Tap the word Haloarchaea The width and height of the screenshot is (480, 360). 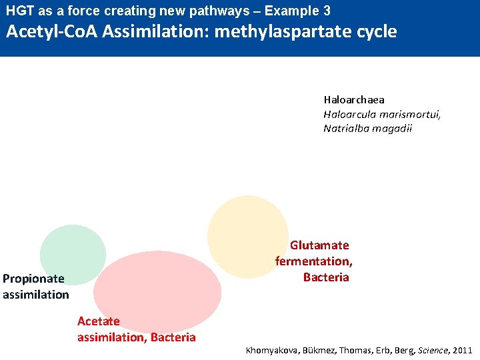pos(354,100)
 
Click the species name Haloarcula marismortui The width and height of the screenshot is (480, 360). pos(382,114)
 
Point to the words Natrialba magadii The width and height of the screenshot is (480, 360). pos(367,128)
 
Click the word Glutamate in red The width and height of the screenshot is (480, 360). pos(319,245)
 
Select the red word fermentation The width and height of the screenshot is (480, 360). pos(313,261)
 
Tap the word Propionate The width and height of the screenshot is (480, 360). pos(33,279)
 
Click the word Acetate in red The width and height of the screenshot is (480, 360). pos(98,321)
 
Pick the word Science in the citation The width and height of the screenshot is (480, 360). pos(434,350)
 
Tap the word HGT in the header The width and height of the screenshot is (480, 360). pos(19,11)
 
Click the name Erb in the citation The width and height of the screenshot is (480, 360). pos(384,350)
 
